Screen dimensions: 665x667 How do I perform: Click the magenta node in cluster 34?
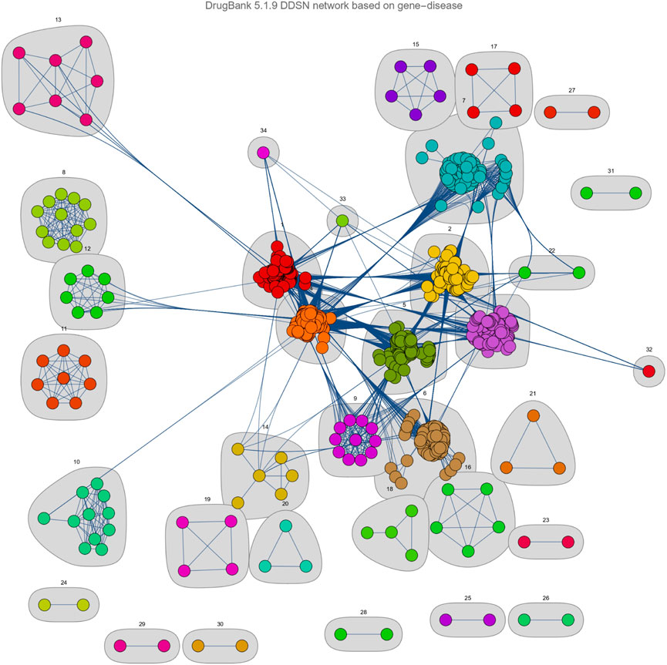pyautogui.click(x=263, y=153)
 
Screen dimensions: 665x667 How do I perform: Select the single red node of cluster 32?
pyautogui.click(x=648, y=371)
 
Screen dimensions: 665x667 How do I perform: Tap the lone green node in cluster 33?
pyautogui.click(x=342, y=220)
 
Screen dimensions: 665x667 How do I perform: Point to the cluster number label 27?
pyautogui.click(x=571, y=91)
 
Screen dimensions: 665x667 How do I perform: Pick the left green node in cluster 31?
pyautogui.click(x=586, y=193)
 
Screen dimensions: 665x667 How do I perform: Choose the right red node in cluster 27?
pyautogui.click(x=594, y=113)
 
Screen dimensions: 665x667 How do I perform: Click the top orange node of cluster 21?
pyautogui.click(x=533, y=416)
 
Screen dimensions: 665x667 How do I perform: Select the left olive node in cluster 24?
pyautogui.click(x=45, y=605)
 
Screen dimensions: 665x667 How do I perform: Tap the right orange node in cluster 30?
pyautogui.click(x=241, y=645)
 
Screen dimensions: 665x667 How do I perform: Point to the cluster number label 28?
pyautogui.click(x=363, y=612)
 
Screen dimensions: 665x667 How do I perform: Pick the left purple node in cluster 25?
pyautogui.click(x=445, y=619)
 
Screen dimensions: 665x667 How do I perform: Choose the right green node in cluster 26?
pyautogui.click(x=568, y=619)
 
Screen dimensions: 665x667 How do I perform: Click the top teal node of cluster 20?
pyautogui.click(x=285, y=527)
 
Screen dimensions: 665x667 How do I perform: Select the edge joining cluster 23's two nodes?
pyautogui.click(x=544, y=542)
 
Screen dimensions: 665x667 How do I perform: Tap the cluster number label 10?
pyautogui.click(x=76, y=462)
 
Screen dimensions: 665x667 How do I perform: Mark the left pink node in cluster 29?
pyautogui.click(x=120, y=645)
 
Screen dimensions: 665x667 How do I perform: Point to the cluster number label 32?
pyautogui.click(x=649, y=349)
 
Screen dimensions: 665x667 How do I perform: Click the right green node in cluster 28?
pyautogui.click(x=386, y=635)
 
